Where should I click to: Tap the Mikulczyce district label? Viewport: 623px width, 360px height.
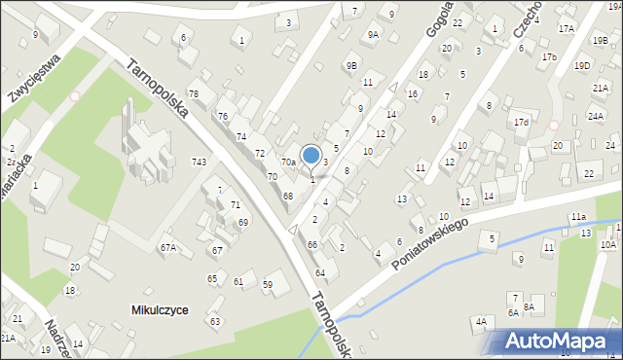click(160, 309)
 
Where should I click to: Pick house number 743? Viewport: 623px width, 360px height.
click(199, 162)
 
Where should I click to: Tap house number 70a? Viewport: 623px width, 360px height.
click(289, 162)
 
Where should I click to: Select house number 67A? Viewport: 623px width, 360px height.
click(168, 248)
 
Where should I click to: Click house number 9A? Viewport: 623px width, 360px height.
click(373, 35)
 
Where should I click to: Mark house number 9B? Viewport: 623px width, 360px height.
click(352, 64)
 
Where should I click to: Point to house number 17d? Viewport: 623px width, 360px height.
click(522, 123)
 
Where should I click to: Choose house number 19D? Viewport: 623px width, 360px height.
click(581, 66)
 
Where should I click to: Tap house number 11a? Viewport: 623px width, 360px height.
click(578, 216)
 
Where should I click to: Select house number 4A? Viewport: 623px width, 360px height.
click(480, 321)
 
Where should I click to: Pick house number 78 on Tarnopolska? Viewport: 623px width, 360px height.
click(194, 93)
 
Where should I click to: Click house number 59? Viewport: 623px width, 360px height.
click(268, 284)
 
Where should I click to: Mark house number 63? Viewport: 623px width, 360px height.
click(215, 321)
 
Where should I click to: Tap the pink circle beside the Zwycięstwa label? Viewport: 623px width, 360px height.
click(75, 95)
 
